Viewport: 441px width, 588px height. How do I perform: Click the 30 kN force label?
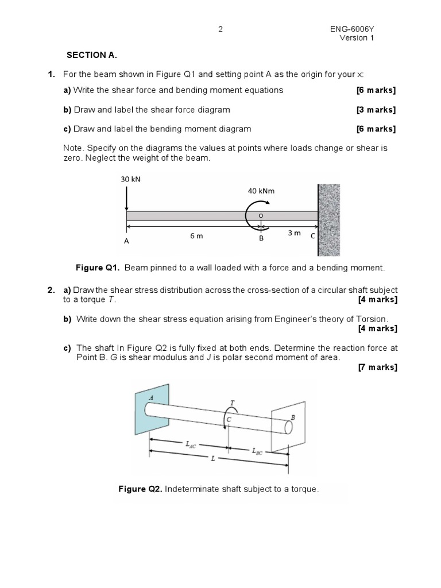(x=130, y=179)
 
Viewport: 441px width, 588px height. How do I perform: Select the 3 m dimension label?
(x=293, y=233)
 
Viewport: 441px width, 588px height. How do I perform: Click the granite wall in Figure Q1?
(x=329, y=219)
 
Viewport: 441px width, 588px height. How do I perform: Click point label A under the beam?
(x=127, y=242)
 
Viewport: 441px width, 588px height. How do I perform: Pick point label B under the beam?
(x=261, y=238)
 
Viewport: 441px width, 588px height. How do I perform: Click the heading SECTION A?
(x=92, y=55)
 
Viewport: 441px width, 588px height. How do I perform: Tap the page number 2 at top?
(x=220, y=29)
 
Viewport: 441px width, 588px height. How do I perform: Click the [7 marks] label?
(x=377, y=367)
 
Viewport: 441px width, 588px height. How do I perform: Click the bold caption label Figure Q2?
(x=141, y=489)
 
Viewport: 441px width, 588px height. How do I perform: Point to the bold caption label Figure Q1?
(x=98, y=268)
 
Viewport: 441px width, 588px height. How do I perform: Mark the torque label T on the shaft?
(x=232, y=403)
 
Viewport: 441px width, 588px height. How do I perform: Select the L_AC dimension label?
(x=189, y=444)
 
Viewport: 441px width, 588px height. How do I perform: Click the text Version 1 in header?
(x=357, y=38)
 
